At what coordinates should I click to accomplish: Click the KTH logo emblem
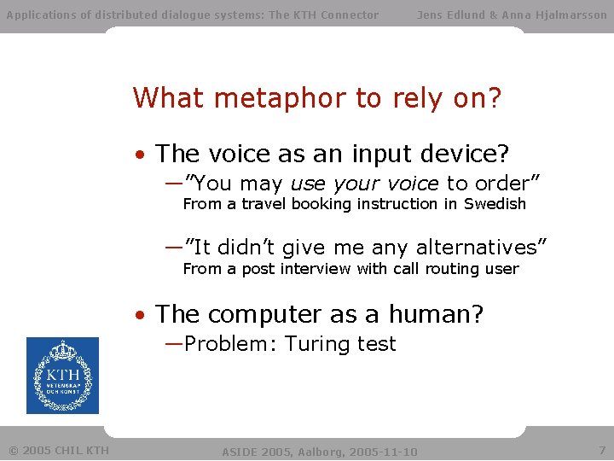tap(62, 376)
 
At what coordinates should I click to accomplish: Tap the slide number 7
tap(601, 449)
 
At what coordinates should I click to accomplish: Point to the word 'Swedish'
tap(495, 204)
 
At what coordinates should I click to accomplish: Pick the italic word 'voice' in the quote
tap(408, 184)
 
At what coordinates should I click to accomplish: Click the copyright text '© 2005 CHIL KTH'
tap(59, 450)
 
